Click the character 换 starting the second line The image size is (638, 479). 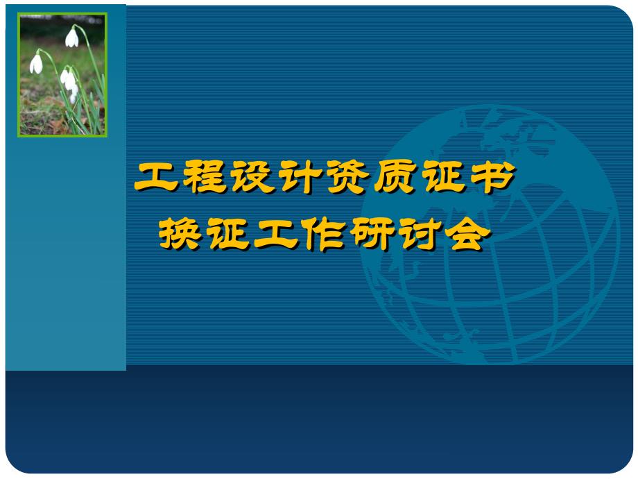(181, 234)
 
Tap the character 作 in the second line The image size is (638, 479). (323, 234)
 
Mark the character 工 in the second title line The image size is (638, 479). (276, 234)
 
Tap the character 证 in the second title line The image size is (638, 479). (229, 234)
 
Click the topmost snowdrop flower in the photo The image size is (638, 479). (72, 37)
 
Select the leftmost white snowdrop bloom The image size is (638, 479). (36, 64)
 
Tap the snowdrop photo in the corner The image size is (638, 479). (62, 74)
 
